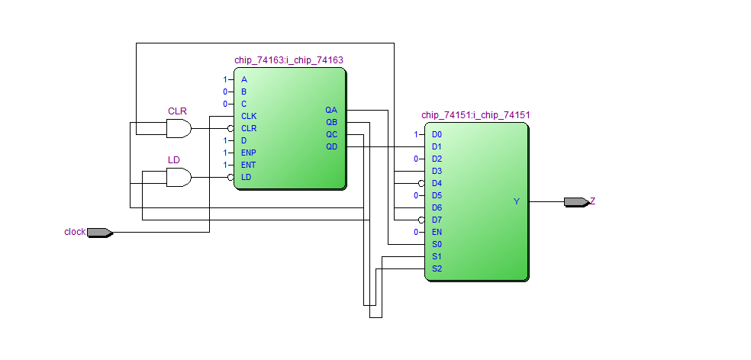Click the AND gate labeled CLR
tap(179, 129)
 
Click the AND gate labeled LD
tap(179, 178)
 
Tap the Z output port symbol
tap(576, 202)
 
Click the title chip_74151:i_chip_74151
tap(475, 115)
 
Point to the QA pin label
tap(330, 110)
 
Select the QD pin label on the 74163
tap(330, 146)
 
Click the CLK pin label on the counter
tap(249, 116)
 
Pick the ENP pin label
tap(249, 153)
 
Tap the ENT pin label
tap(249, 165)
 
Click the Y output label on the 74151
tap(517, 201)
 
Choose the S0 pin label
tap(437, 244)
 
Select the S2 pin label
tap(437, 268)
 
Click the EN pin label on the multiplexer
tap(437, 232)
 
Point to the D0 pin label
tap(437, 134)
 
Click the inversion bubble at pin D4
tap(421, 183)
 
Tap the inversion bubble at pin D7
tap(421, 220)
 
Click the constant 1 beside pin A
tap(225, 79)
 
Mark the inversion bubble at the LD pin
tap(230, 177)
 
